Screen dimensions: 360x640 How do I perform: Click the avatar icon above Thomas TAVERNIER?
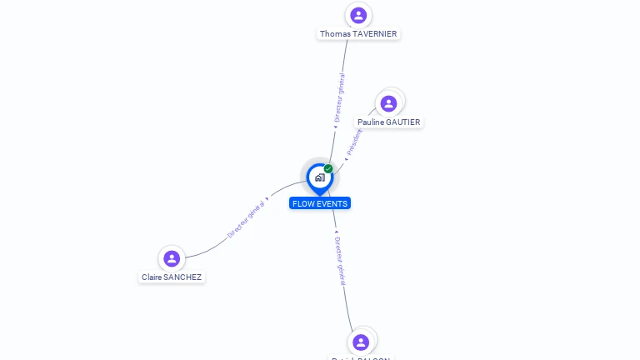358,15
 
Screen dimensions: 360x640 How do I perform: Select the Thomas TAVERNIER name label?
358,34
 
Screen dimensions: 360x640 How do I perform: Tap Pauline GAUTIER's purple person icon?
388,103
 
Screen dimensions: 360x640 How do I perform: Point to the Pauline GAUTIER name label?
389,122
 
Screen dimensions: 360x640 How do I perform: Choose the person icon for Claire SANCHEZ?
172,258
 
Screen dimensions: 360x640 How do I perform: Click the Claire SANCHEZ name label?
172,277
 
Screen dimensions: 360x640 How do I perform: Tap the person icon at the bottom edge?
361,342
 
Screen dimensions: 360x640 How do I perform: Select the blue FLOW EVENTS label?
320,203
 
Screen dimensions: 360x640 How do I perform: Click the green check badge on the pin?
328,168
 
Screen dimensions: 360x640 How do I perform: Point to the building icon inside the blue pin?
319,177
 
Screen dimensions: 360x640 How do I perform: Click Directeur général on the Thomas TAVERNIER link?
339,98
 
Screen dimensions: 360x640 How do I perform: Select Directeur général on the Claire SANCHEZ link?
246,219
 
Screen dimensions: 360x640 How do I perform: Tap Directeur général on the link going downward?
339,260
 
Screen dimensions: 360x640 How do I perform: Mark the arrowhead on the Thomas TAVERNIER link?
335,127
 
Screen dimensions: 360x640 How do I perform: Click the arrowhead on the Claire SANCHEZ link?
267,200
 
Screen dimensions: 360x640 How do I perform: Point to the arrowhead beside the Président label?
346,157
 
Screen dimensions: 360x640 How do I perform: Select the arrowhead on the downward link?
335,232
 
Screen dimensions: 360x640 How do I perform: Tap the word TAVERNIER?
375,34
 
